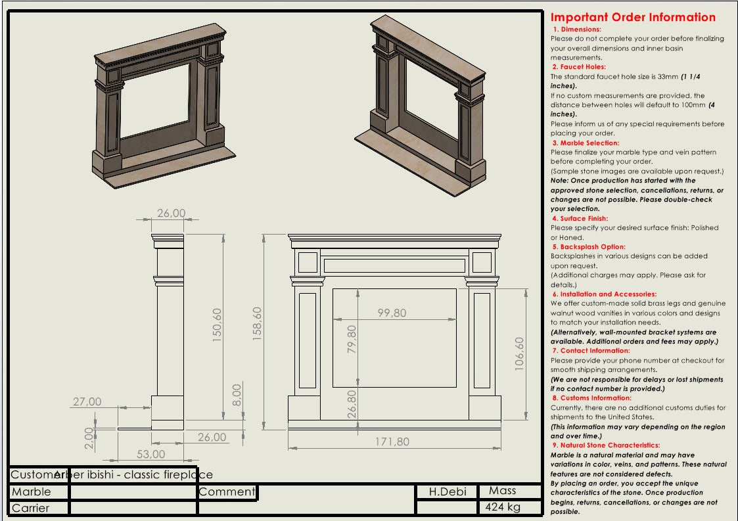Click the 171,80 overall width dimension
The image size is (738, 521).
click(x=392, y=442)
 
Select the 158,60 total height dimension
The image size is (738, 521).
click(x=258, y=322)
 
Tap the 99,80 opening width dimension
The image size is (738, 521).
click(x=392, y=313)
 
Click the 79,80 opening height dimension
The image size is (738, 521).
click(x=352, y=340)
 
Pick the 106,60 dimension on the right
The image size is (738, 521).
click(x=519, y=355)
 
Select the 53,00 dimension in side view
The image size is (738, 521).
click(x=151, y=454)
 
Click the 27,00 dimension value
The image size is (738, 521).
click(x=87, y=401)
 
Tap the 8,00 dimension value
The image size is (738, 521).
click(x=237, y=395)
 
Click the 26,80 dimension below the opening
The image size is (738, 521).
click(x=352, y=404)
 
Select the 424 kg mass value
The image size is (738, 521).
click(x=503, y=507)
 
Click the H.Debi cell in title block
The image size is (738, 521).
click(x=447, y=491)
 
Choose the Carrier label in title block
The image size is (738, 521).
click(x=31, y=508)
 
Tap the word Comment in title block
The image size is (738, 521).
click(x=227, y=491)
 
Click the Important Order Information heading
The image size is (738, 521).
click(x=633, y=17)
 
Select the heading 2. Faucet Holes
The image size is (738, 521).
click(x=579, y=67)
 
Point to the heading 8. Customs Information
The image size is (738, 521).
click(x=591, y=398)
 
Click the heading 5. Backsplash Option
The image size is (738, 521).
click(x=588, y=247)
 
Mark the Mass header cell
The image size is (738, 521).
click(x=503, y=491)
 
